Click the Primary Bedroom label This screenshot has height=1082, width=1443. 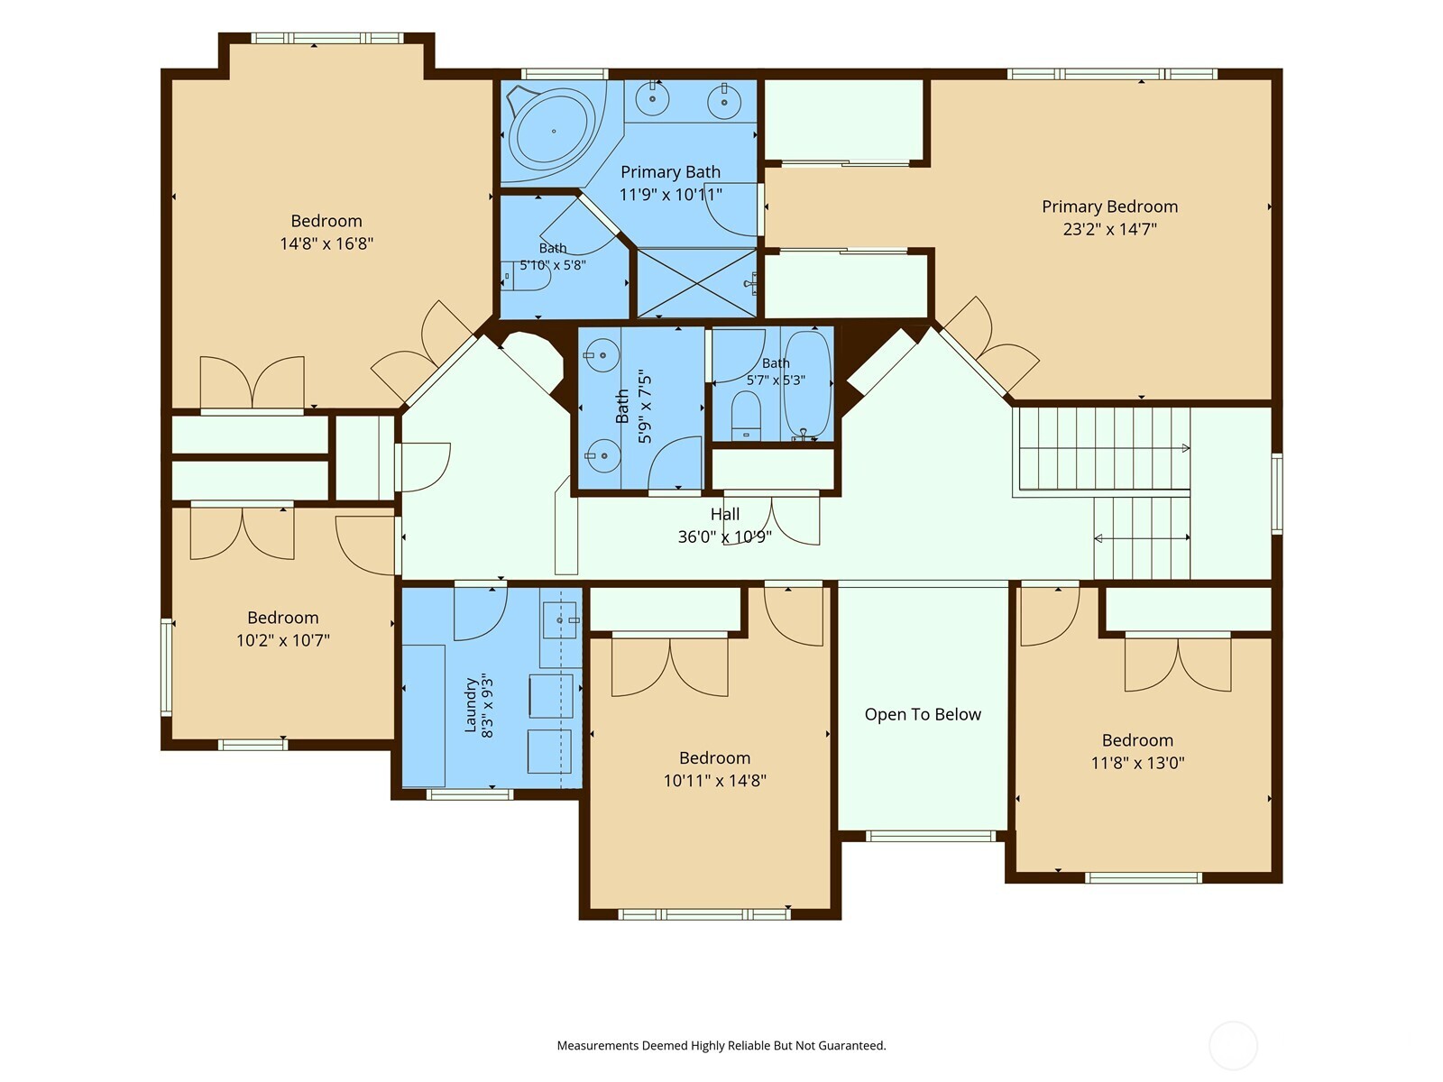(x=1109, y=207)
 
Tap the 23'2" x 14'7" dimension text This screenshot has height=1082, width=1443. (x=1109, y=229)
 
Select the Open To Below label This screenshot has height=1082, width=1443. (x=923, y=714)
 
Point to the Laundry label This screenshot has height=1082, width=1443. (x=470, y=706)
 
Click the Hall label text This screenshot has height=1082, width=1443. (x=725, y=514)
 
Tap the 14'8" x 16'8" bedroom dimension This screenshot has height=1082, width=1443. (x=326, y=243)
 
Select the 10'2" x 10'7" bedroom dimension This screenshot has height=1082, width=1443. (x=283, y=640)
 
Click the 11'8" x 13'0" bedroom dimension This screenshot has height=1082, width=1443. (x=1138, y=763)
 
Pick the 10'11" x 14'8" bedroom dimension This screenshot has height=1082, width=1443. (x=714, y=781)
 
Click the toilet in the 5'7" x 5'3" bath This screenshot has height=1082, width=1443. (x=746, y=416)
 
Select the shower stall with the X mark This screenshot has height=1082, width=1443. (x=697, y=282)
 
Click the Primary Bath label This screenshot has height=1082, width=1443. (x=671, y=172)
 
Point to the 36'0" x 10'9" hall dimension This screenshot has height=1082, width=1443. (x=725, y=536)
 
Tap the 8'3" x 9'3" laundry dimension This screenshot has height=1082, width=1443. (x=487, y=706)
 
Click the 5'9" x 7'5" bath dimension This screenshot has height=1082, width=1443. (x=645, y=408)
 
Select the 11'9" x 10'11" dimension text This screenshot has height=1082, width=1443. (x=671, y=195)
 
